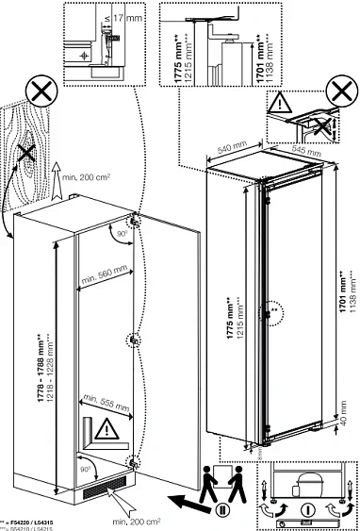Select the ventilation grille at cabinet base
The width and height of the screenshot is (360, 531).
tap(102, 490)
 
